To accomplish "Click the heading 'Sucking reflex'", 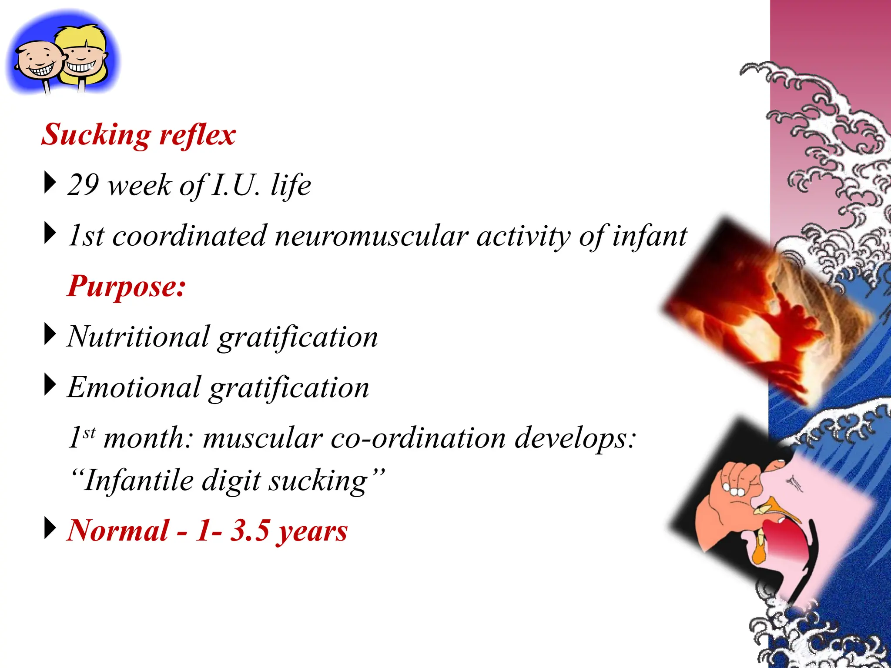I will pos(138,134).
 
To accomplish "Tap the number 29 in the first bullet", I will pos(83,185).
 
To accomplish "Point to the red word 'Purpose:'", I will pos(127,287).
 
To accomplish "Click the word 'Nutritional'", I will pos(138,337).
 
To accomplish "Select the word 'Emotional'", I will pos(134,387).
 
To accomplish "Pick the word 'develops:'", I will pos(576,438).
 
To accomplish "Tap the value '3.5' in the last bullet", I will pos(249,531).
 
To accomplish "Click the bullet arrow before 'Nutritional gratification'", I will pos(50,334).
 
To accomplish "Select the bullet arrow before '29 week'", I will pos(50,183).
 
